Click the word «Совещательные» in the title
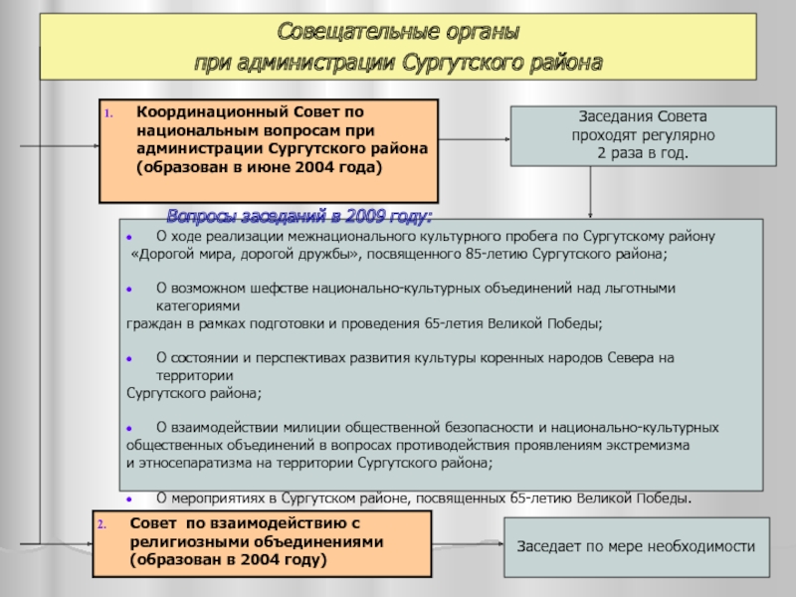click(332, 33)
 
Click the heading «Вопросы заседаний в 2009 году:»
click(298, 216)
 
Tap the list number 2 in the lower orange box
click(101, 523)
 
